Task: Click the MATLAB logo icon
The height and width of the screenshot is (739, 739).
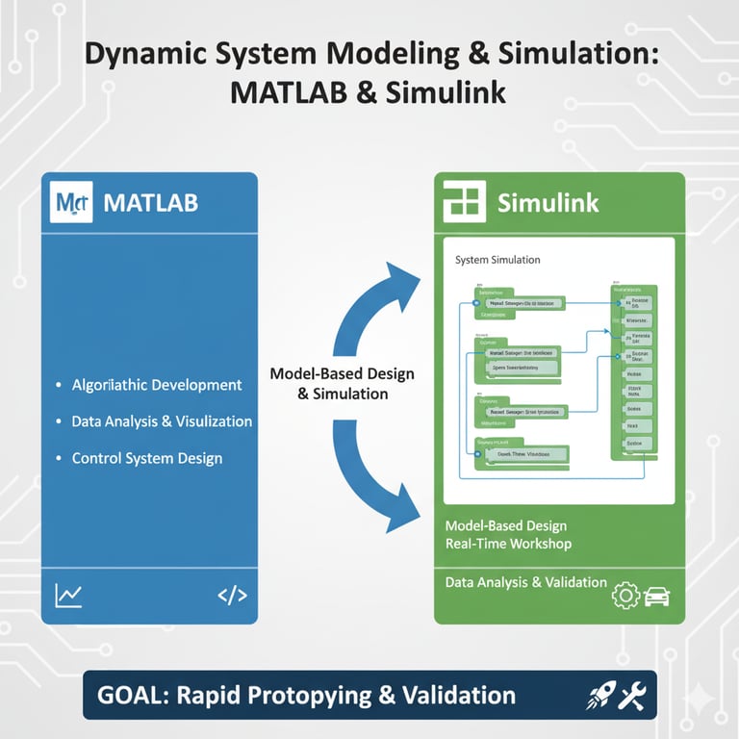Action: [70, 202]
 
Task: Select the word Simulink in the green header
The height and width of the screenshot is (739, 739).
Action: [548, 203]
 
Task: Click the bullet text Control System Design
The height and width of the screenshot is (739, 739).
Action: [146, 458]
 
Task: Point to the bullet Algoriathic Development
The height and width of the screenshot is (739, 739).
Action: [157, 385]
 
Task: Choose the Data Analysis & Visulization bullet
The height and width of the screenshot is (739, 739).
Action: [162, 421]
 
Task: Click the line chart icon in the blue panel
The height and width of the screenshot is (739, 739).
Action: [69, 595]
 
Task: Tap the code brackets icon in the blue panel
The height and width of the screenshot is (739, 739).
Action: [232, 596]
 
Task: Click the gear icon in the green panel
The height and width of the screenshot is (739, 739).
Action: [625, 597]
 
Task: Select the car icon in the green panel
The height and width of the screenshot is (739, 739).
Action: [656, 597]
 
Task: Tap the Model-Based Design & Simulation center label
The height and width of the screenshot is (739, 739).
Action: [329, 384]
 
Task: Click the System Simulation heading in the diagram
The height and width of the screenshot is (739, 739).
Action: [497, 260]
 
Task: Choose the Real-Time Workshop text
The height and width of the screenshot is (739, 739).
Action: [508, 544]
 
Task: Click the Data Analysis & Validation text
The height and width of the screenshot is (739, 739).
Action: [525, 582]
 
